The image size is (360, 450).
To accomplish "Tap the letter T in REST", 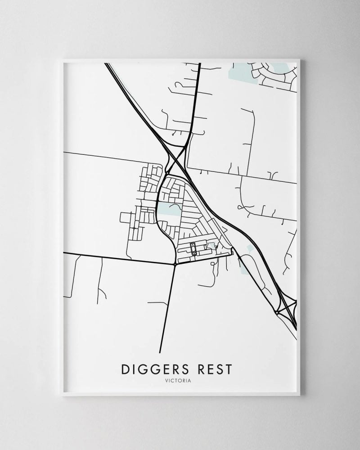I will pos(230,369).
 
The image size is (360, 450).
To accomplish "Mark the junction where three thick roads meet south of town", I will pos(174,265).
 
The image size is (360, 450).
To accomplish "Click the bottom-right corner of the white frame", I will pos(300,396).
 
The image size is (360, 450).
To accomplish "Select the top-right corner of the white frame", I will pos(300,59).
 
